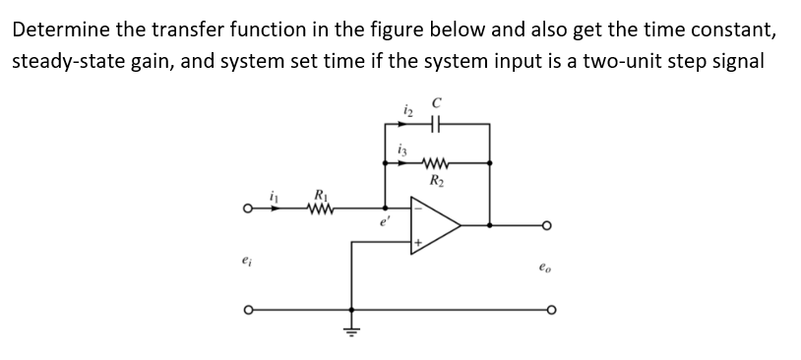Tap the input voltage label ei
[245, 263]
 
